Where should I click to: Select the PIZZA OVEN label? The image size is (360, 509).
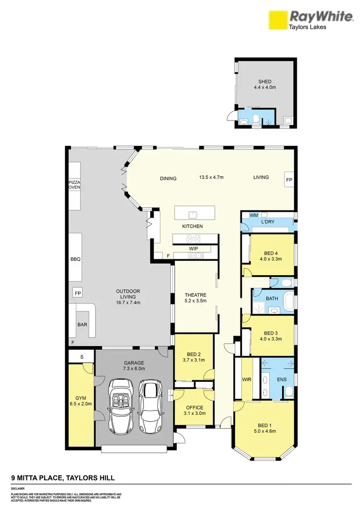point(74,186)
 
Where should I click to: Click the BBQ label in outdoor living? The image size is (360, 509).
point(75,259)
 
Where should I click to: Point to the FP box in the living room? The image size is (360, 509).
point(289,180)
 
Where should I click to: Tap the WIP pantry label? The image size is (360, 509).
point(193,249)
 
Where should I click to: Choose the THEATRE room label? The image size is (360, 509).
point(195,295)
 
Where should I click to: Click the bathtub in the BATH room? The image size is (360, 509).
point(288,300)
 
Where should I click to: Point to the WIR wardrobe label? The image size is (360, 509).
point(247,379)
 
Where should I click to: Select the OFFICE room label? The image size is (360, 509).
point(194,408)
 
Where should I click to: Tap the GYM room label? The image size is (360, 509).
point(80,398)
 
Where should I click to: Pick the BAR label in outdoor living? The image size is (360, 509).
point(82,325)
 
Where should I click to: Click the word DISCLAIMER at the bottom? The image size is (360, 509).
point(18,488)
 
